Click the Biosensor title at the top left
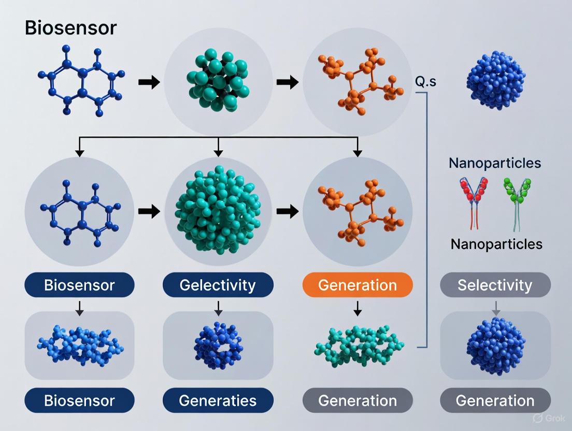tap(71, 28)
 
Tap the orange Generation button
tap(357, 285)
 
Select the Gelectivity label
tap(218, 285)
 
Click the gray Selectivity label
tap(495, 285)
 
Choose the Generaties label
tap(218, 400)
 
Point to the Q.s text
tap(426, 81)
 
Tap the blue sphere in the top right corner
tap(495, 80)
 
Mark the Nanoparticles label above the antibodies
tap(495, 163)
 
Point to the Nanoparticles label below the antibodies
tap(496, 244)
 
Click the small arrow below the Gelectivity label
tap(218, 308)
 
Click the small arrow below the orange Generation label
tap(357, 308)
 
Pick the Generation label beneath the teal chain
tap(357, 400)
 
